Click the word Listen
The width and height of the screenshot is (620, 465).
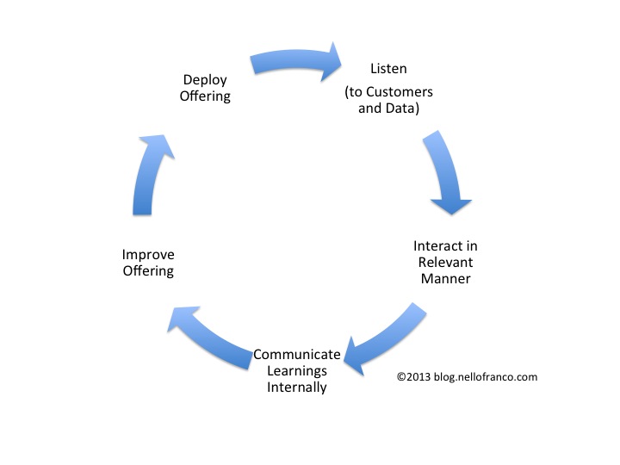[x=389, y=68]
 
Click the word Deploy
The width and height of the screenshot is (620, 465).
[x=205, y=80]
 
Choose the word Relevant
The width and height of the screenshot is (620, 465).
[x=444, y=262]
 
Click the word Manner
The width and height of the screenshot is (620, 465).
[x=444, y=278]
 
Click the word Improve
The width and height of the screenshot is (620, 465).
[x=147, y=255]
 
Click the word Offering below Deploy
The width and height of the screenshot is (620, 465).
[x=205, y=96]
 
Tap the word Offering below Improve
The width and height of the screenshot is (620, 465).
[x=147, y=270]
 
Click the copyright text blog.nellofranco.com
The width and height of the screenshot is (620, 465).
[x=486, y=376]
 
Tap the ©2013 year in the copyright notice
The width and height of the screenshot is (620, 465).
[x=413, y=376]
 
